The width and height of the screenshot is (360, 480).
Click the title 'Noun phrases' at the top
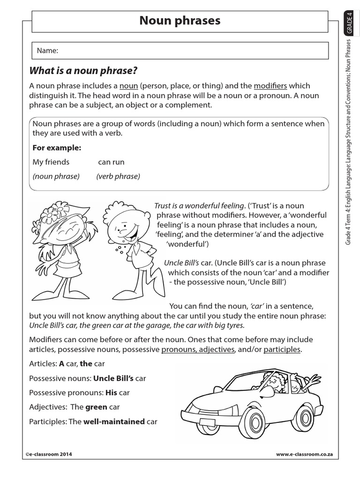pyautogui.click(x=180, y=21)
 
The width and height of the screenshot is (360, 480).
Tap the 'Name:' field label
pyautogui.click(x=45, y=51)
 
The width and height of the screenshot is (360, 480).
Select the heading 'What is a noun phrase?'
pyautogui.click(x=83, y=71)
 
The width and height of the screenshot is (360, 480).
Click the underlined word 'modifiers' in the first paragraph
pyautogui.click(x=270, y=86)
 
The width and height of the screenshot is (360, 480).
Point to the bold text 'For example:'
pyautogui.click(x=57, y=148)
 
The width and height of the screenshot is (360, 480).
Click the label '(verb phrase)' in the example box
pyautogui.click(x=118, y=176)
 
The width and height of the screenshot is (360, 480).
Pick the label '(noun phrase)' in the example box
pyautogui.click(x=56, y=176)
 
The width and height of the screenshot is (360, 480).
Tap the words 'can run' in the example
pyautogui.click(x=111, y=162)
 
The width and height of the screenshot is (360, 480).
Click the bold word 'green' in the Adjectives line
pyautogui.click(x=96, y=407)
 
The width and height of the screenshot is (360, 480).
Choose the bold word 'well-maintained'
pyautogui.click(x=114, y=421)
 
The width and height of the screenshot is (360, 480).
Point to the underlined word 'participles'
pyautogui.click(x=282, y=350)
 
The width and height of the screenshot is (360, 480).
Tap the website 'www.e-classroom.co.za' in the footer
pyautogui.click(x=304, y=454)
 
